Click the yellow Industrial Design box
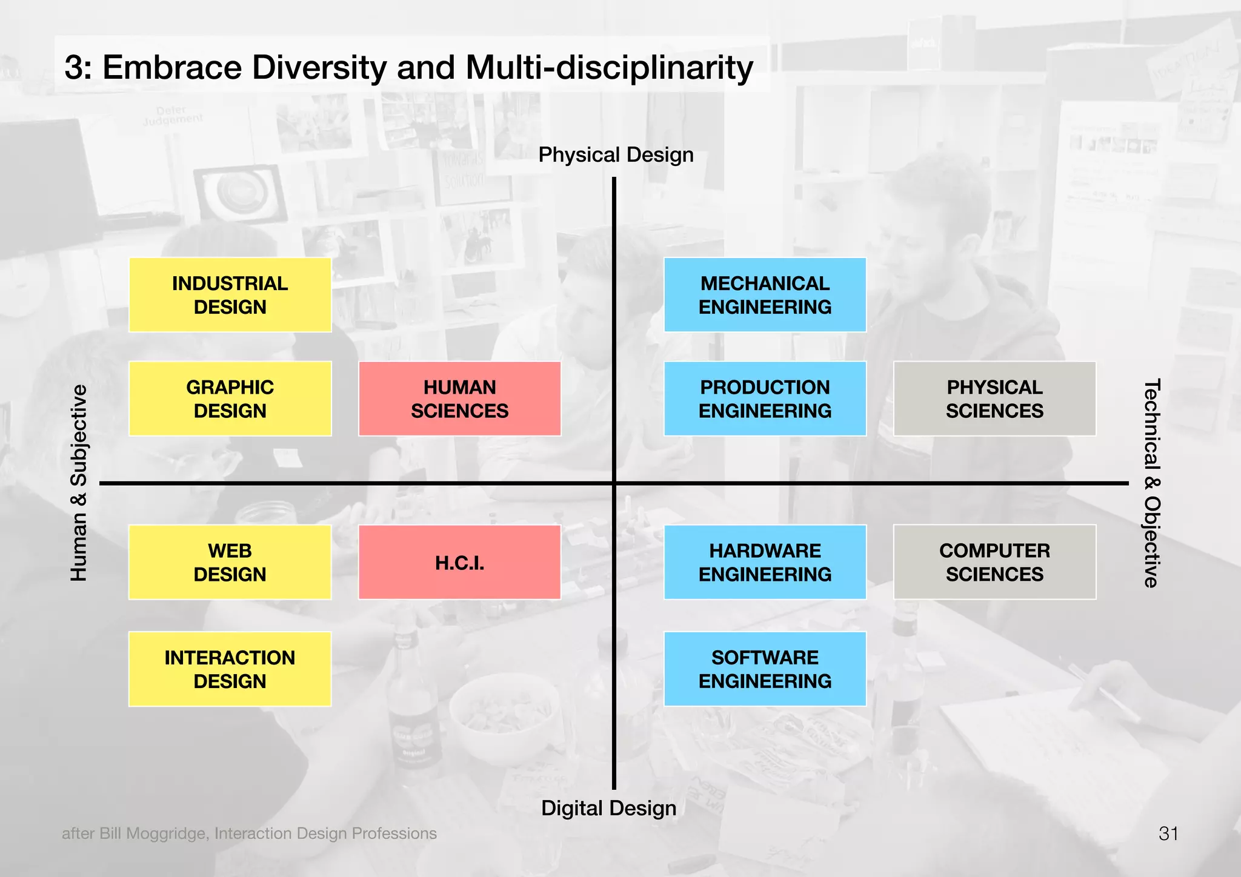(230, 295)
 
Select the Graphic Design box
(230, 399)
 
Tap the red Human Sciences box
(459, 399)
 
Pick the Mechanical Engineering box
(765, 295)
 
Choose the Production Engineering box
(765, 399)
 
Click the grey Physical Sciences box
(994, 399)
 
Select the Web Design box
(230, 562)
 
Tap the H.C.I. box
(459, 562)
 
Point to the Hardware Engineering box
(765, 562)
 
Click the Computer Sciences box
(994, 562)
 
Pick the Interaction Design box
(230, 669)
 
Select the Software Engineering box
(765, 669)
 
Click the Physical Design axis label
(616, 155)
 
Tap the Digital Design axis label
(608, 808)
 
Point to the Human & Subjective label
(79, 483)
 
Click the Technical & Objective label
(1151, 483)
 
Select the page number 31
(1168, 833)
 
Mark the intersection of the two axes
(614, 483)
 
